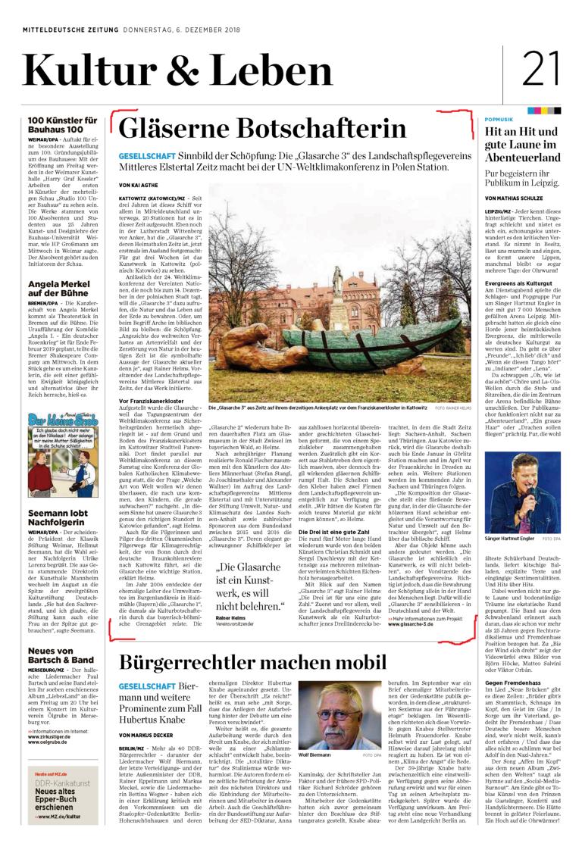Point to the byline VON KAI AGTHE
[x=140, y=185]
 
